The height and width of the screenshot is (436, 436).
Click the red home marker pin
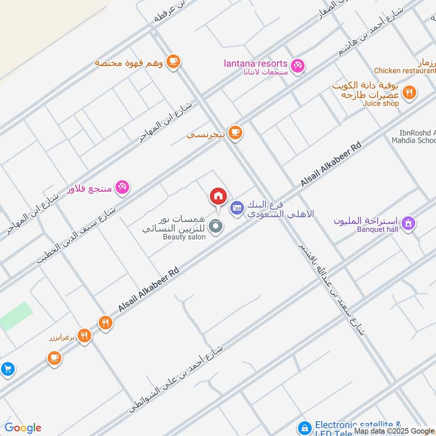[218, 196]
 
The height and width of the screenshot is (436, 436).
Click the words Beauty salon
[184, 237]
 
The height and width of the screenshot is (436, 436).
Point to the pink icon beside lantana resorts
[297, 66]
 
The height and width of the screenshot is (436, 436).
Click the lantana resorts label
[256, 64]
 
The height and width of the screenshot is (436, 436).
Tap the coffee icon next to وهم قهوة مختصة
[173, 62]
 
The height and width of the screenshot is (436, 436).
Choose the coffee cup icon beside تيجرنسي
[235, 132]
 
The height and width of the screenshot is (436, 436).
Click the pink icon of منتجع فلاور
[122, 187]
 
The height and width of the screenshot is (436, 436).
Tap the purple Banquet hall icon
[408, 223]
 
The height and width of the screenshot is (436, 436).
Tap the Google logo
[23, 428]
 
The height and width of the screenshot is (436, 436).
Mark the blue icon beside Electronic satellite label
[305, 427]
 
